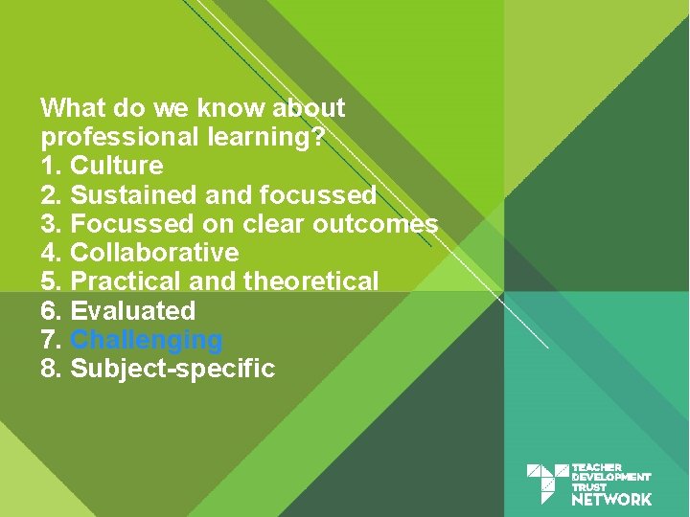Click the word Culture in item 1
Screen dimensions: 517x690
(x=117, y=166)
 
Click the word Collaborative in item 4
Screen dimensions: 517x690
(x=154, y=253)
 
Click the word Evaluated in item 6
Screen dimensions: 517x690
(x=133, y=311)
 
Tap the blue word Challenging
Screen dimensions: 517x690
(x=147, y=340)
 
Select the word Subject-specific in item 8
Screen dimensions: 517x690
(x=172, y=369)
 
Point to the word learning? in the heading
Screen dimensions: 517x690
(x=266, y=137)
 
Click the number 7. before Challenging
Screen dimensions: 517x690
(x=52, y=340)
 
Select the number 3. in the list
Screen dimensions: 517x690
(x=52, y=224)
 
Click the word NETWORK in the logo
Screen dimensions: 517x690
(x=611, y=499)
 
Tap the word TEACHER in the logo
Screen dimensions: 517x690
(x=596, y=467)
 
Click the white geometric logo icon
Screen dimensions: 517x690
(x=547, y=483)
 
